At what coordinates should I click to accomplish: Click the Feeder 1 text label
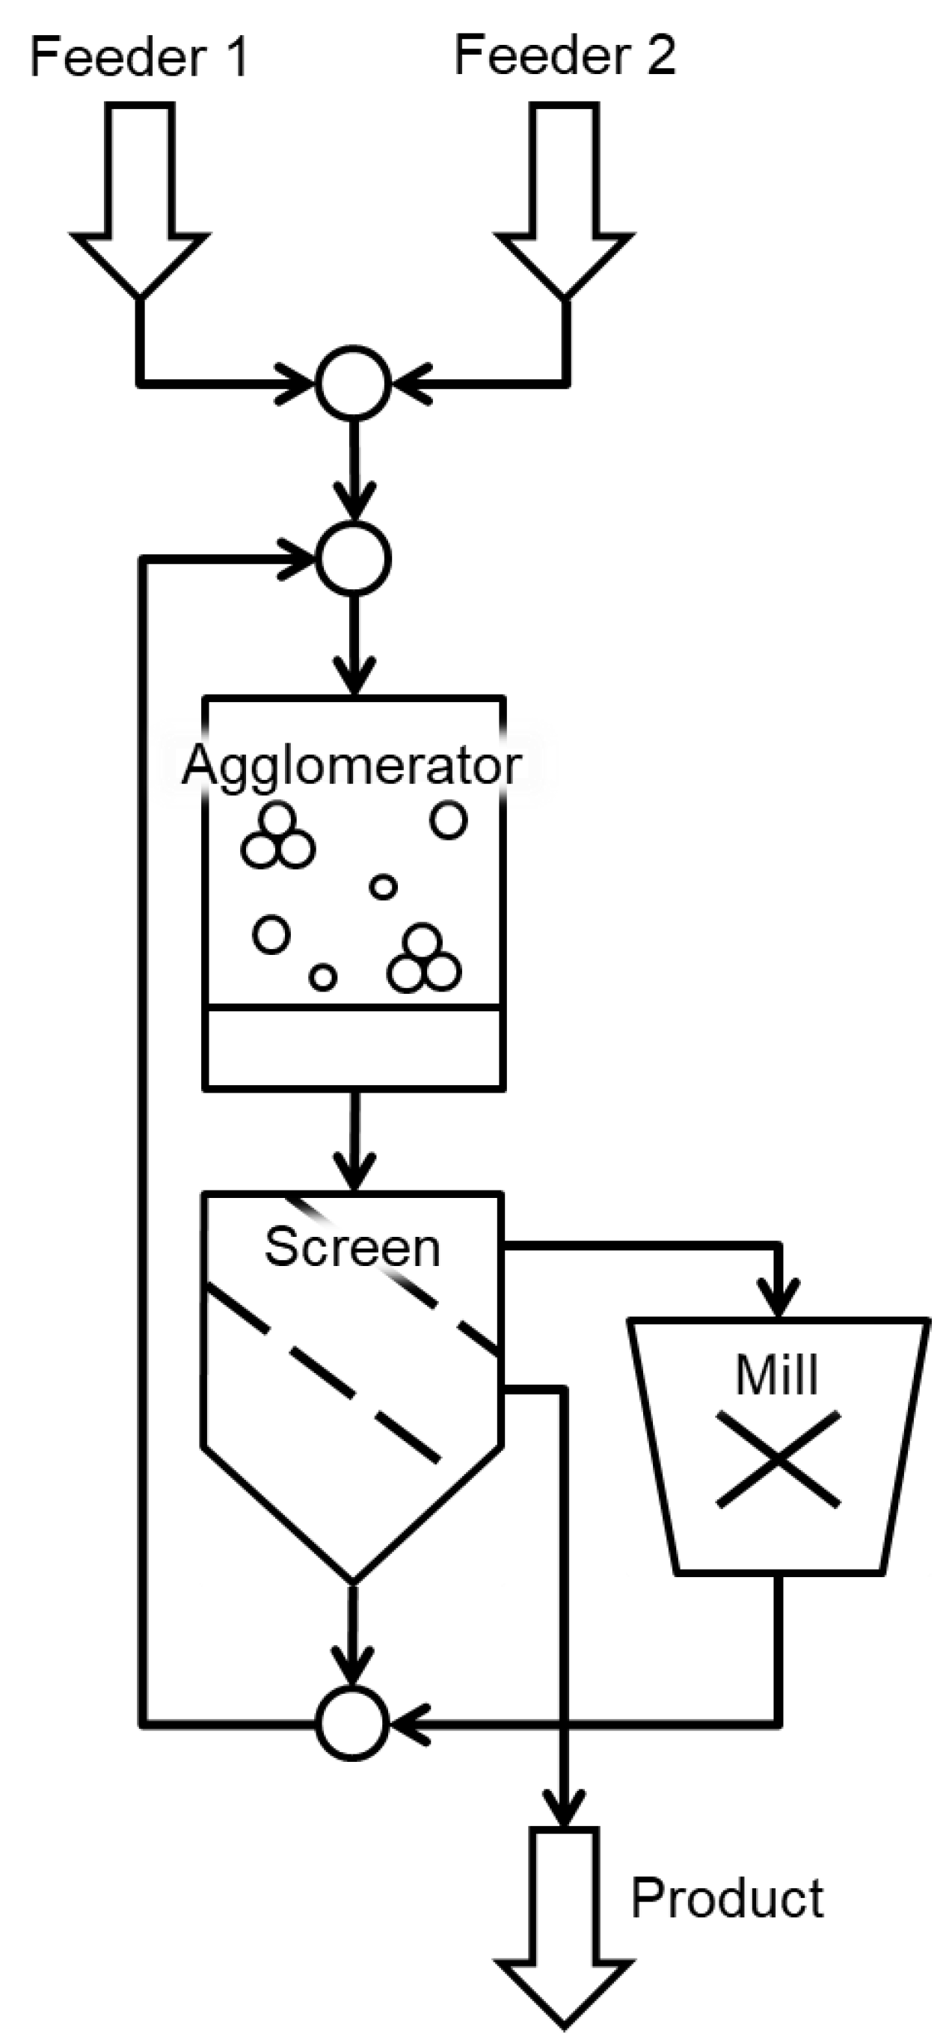pyautogui.click(x=139, y=57)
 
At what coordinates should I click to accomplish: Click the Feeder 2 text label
pyautogui.click(x=565, y=55)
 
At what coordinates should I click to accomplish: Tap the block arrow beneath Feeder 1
pyautogui.click(x=141, y=206)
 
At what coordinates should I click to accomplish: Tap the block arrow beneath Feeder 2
pyautogui.click(x=565, y=206)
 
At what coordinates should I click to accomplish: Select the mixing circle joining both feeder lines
pyautogui.click(x=353, y=383)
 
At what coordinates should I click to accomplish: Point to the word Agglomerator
pyautogui.click(x=352, y=766)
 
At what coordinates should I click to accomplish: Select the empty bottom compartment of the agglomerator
pyautogui.click(x=354, y=1047)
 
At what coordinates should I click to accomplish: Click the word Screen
pyautogui.click(x=352, y=1247)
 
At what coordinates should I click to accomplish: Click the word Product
pyautogui.click(x=728, y=1899)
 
